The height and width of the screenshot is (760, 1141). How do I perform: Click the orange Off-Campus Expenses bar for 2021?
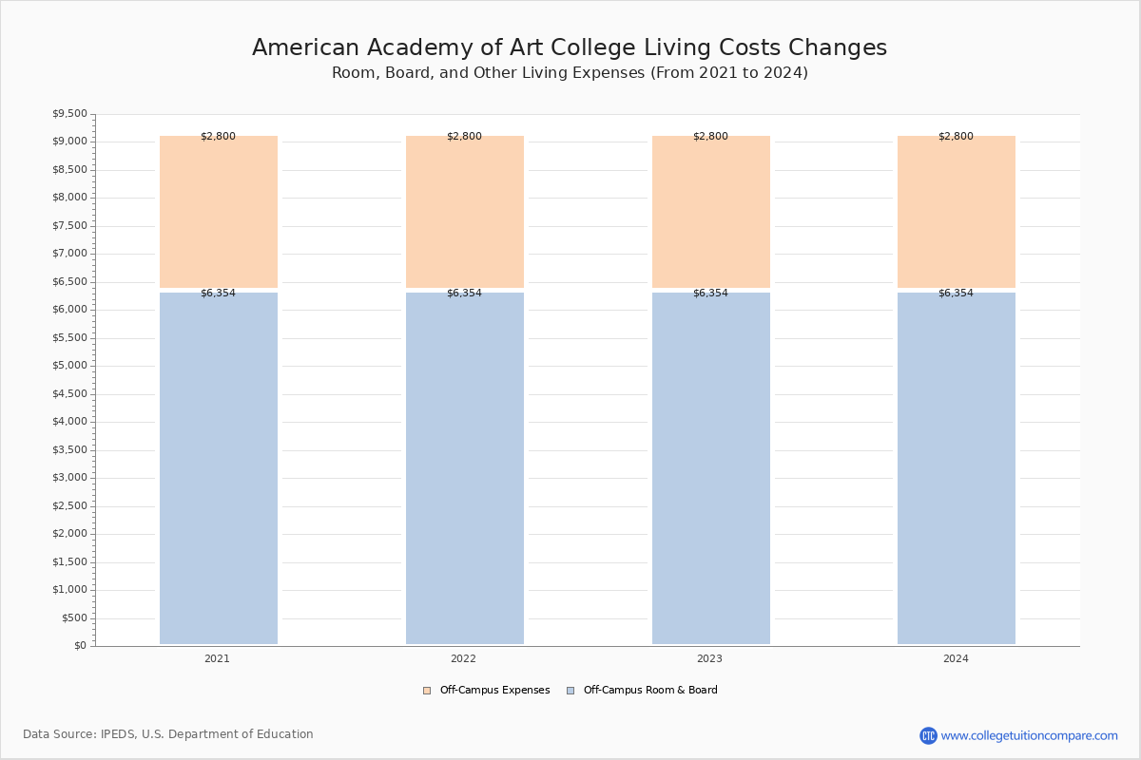click(x=219, y=212)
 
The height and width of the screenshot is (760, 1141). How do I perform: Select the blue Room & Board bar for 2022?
click(x=465, y=468)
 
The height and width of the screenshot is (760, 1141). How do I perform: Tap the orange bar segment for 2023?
click(x=711, y=212)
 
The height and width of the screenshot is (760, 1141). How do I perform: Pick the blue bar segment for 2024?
click(x=957, y=468)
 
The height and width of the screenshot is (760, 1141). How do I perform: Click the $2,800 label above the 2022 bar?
click(x=464, y=136)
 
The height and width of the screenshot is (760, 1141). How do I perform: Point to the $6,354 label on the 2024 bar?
click(x=956, y=293)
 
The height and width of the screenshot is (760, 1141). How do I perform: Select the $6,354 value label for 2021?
click(x=218, y=293)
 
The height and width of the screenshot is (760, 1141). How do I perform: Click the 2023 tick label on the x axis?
click(x=709, y=658)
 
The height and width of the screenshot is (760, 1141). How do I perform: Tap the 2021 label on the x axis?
click(x=217, y=658)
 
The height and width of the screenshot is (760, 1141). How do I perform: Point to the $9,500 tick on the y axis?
click(x=69, y=113)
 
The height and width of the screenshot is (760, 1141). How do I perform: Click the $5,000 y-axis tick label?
click(x=69, y=366)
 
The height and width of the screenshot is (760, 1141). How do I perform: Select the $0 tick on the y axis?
click(x=81, y=645)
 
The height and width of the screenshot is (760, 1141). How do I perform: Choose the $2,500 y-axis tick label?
click(x=69, y=505)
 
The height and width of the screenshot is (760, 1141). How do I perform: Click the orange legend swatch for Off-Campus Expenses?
click(x=427, y=691)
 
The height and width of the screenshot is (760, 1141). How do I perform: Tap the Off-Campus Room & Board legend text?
click(x=650, y=690)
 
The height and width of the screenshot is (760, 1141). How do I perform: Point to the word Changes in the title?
click(x=838, y=48)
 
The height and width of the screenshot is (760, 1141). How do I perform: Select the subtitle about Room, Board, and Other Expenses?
click(x=570, y=73)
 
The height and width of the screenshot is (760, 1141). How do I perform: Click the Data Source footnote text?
click(x=168, y=734)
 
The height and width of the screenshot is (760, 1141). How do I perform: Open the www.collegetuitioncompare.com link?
click(x=1029, y=735)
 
